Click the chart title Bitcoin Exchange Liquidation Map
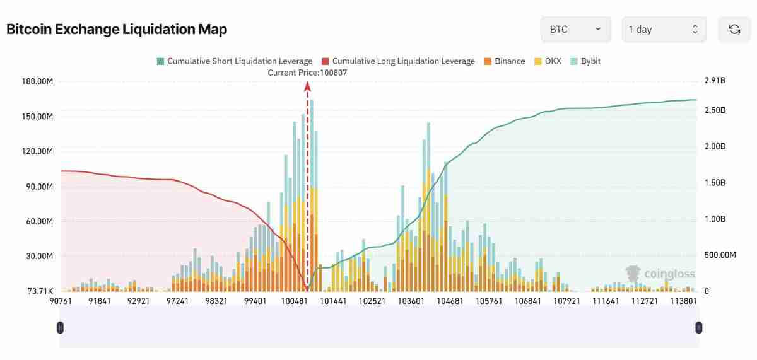click(117, 29)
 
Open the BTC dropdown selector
click(575, 30)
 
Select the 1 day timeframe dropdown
click(664, 30)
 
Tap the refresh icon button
click(734, 30)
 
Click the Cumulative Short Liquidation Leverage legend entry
click(234, 61)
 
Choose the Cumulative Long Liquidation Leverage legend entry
click(398, 61)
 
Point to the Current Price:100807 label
click(307, 73)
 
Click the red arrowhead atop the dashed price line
click(308, 86)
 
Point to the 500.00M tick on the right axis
click(720, 255)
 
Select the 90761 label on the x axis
click(61, 301)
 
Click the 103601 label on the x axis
click(411, 301)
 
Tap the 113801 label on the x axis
click(683, 301)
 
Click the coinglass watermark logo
click(660, 274)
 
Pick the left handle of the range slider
click(60, 327)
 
